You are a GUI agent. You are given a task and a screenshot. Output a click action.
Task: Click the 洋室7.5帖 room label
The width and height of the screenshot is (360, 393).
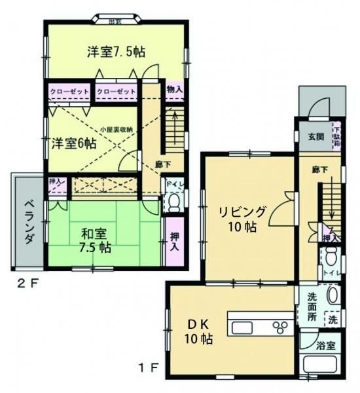(x=116, y=52)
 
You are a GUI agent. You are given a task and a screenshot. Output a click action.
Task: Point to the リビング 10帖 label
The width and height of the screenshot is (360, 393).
(x=242, y=219)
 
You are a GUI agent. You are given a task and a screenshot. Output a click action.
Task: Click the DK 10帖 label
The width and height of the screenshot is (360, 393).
(x=197, y=331)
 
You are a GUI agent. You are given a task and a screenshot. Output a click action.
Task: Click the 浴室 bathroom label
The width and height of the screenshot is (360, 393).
(x=326, y=345)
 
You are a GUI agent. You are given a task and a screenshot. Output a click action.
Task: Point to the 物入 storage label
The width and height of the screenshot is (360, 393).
(x=174, y=89)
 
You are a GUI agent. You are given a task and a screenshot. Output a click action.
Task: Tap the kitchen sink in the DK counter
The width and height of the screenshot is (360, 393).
(x=243, y=326)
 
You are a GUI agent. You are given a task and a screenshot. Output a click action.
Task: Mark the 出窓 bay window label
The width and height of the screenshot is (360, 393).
(x=115, y=20)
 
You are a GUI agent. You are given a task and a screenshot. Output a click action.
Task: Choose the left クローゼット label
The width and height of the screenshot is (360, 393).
(x=68, y=92)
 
